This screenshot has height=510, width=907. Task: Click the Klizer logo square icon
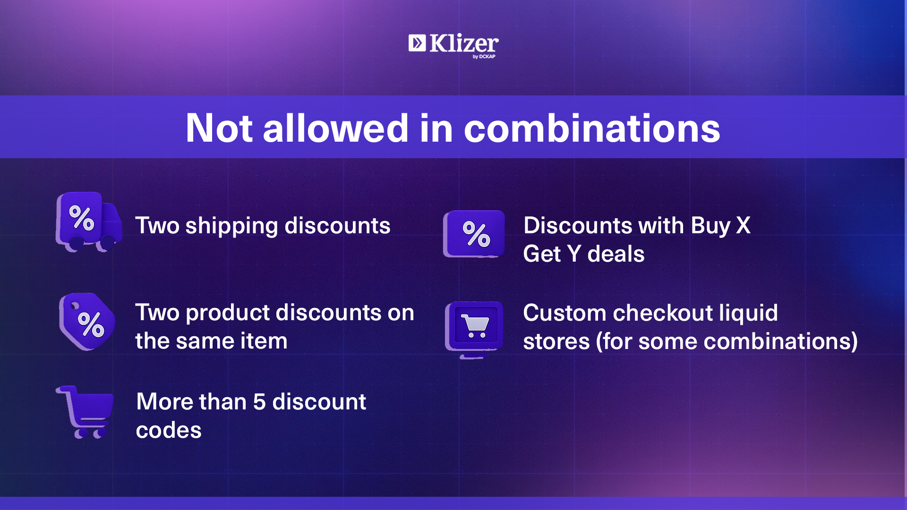click(417, 43)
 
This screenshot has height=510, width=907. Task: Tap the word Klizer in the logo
click(464, 43)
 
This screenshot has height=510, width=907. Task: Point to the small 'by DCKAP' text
click(484, 57)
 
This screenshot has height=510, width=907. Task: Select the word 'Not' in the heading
click(219, 128)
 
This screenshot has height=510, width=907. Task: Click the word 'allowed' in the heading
click(335, 128)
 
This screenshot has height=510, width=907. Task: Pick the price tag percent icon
click(87, 322)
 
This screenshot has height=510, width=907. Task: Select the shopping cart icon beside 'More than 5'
click(86, 412)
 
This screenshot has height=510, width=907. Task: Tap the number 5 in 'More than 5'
click(259, 402)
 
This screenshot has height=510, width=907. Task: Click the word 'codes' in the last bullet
click(169, 430)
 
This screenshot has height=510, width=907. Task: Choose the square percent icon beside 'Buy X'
click(474, 234)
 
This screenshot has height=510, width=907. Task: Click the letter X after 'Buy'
click(743, 226)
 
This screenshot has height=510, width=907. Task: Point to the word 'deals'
click(616, 254)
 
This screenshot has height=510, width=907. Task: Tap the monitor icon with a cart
click(474, 329)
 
